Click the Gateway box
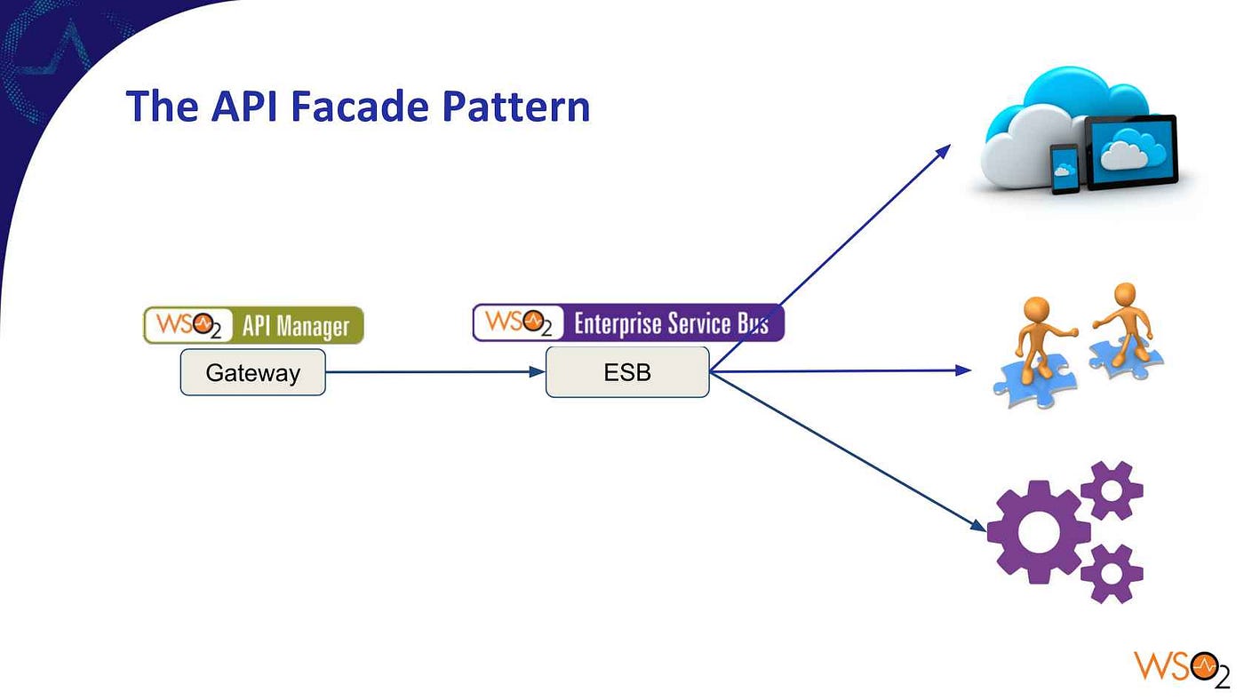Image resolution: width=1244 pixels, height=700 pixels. pos(252,372)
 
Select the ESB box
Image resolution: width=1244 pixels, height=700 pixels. pos(627,372)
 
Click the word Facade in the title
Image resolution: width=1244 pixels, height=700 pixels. pos(359,106)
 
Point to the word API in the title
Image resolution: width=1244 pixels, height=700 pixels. pos(243,106)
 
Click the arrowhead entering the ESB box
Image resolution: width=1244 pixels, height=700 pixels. pos(537,371)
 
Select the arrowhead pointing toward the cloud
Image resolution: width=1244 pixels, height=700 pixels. pos(944,151)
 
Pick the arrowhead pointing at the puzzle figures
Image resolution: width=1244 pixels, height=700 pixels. pos(963,370)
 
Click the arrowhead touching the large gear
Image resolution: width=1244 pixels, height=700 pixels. pos(978,525)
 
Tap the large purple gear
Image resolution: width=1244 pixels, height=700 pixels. pos(1038,532)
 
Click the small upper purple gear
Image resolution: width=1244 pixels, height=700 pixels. pos(1112,490)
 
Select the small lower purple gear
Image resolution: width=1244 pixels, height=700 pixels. pos(1112,574)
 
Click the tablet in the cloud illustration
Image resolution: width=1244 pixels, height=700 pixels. pos(1132,151)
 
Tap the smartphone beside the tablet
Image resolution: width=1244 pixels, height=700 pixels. pos(1065,169)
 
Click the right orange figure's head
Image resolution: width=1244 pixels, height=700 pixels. pos(1125,294)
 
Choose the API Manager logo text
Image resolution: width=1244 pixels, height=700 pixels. pos(296,326)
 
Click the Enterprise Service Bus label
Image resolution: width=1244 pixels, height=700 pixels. pos(672,323)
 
